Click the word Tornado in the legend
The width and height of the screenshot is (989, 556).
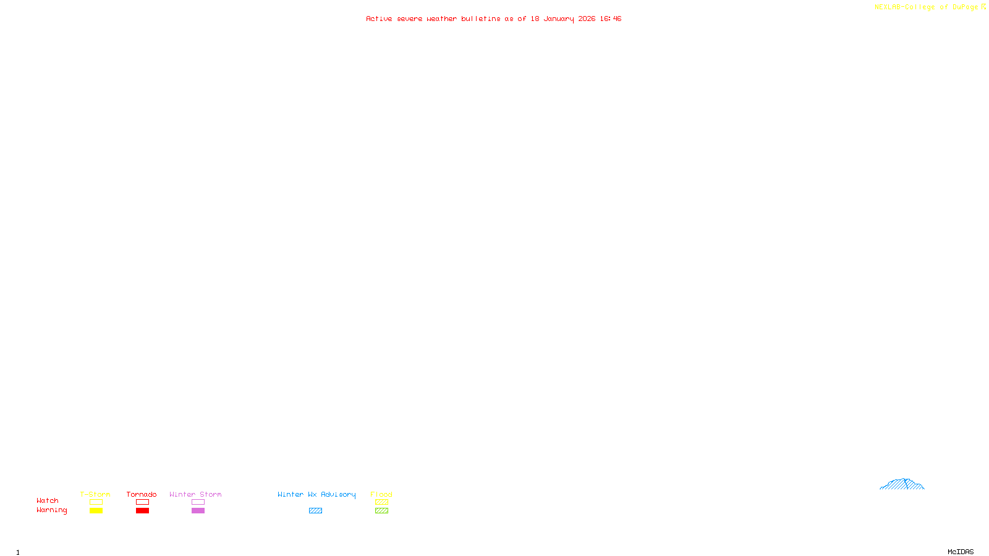pyautogui.click(x=142, y=494)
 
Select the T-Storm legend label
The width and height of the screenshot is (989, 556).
pyautogui.click(x=95, y=494)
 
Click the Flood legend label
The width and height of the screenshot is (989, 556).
pyautogui.click(x=381, y=494)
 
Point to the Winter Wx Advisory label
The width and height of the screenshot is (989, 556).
pyautogui.click(x=316, y=494)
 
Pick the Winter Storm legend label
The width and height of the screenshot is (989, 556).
pyautogui.click(x=195, y=494)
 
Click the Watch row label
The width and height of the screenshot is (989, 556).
pyautogui.click(x=48, y=500)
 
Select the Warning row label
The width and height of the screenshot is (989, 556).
pyautogui.click(x=52, y=510)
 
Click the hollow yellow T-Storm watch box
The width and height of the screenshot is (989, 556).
pyautogui.click(x=96, y=502)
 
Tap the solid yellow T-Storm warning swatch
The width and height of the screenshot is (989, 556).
pyautogui.click(x=96, y=511)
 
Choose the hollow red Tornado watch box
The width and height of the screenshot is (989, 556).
pyautogui.click(x=142, y=502)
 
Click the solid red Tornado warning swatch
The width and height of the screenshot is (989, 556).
pyautogui.click(x=142, y=511)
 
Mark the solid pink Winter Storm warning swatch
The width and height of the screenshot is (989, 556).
pyautogui.click(x=198, y=511)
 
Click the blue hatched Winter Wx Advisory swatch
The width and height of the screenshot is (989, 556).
pyautogui.click(x=315, y=511)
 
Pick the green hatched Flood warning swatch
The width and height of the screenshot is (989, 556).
pyautogui.click(x=381, y=511)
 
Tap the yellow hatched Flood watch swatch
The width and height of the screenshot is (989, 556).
pyautogui.click(x=381, y=502)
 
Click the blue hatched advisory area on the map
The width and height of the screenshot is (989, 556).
pyautogui.click(x=902, y=484)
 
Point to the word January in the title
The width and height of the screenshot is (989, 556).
pyautogui.click(x=559, y=19)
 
